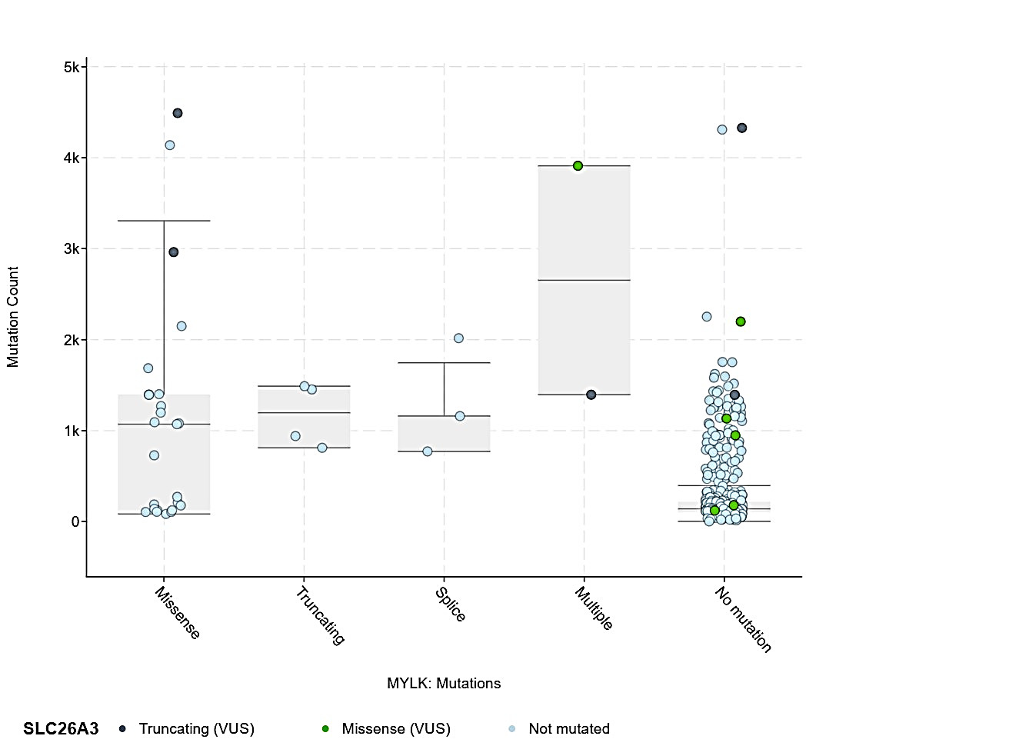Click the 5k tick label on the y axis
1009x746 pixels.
72,68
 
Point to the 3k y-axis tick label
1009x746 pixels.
72,249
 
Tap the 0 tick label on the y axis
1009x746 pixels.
75,522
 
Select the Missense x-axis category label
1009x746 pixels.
178,613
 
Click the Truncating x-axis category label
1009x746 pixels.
320,615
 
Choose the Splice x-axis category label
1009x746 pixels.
451,604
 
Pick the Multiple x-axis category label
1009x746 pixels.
594,608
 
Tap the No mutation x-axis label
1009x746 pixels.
743,619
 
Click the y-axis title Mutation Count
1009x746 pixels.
13,317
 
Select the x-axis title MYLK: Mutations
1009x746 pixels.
444,684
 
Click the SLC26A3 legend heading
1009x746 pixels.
61,729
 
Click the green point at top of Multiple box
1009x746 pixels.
578,166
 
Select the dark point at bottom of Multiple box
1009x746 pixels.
591,395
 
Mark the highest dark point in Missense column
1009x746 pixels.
178,113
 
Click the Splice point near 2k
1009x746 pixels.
458,338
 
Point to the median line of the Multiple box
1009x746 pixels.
584,281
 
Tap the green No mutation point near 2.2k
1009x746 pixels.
741,321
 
